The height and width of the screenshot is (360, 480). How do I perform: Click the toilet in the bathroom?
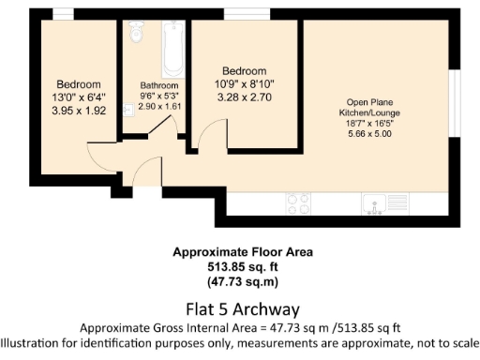[x=136, y=33]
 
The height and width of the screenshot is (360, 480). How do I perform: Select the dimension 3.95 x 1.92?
[x=80, y=110]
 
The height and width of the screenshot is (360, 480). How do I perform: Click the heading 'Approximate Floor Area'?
[x=242, y=252]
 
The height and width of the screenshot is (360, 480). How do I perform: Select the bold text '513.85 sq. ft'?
[x=242, y=266]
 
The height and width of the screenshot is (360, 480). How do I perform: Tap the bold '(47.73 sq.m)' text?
[x=242, y=280]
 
